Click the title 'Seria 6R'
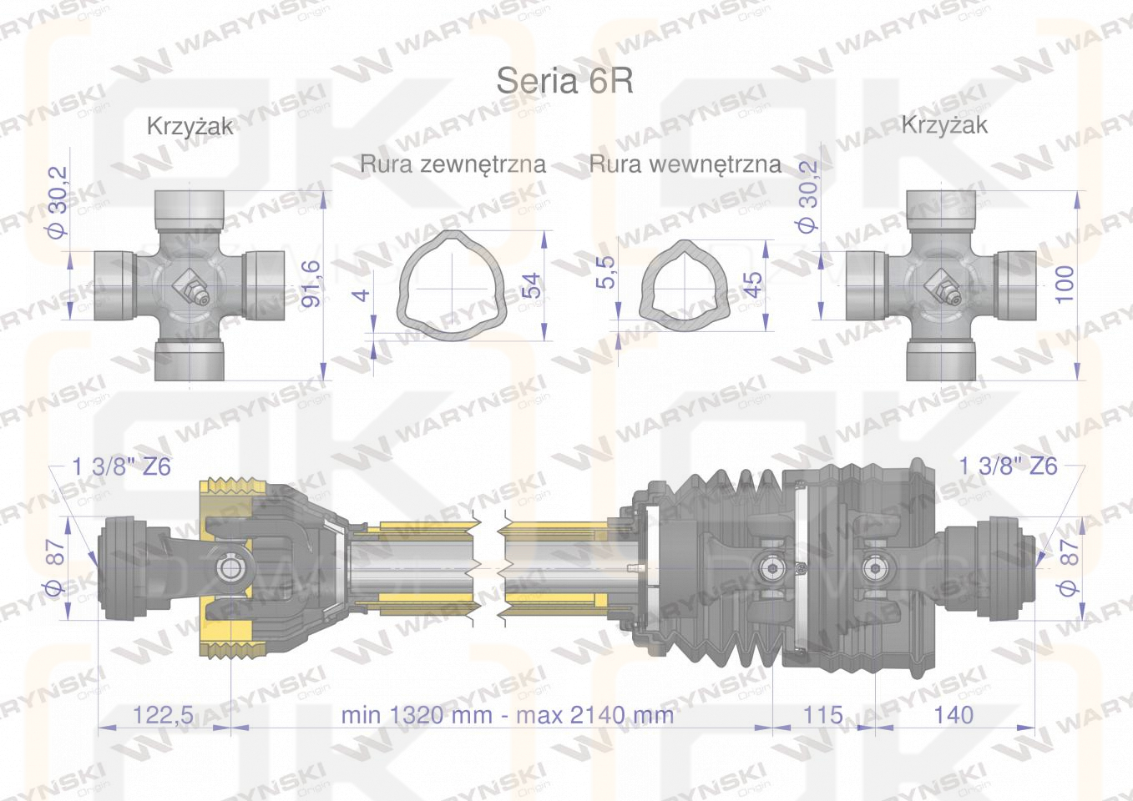coord(564,80)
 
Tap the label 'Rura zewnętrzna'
coord(453,164)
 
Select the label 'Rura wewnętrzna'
coord(685,164)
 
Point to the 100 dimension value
coord(1065,285)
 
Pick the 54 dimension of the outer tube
coord(532,285)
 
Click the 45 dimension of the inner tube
coord(753,285)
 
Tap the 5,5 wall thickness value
coord(605,272)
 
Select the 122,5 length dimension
coord(163,715)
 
